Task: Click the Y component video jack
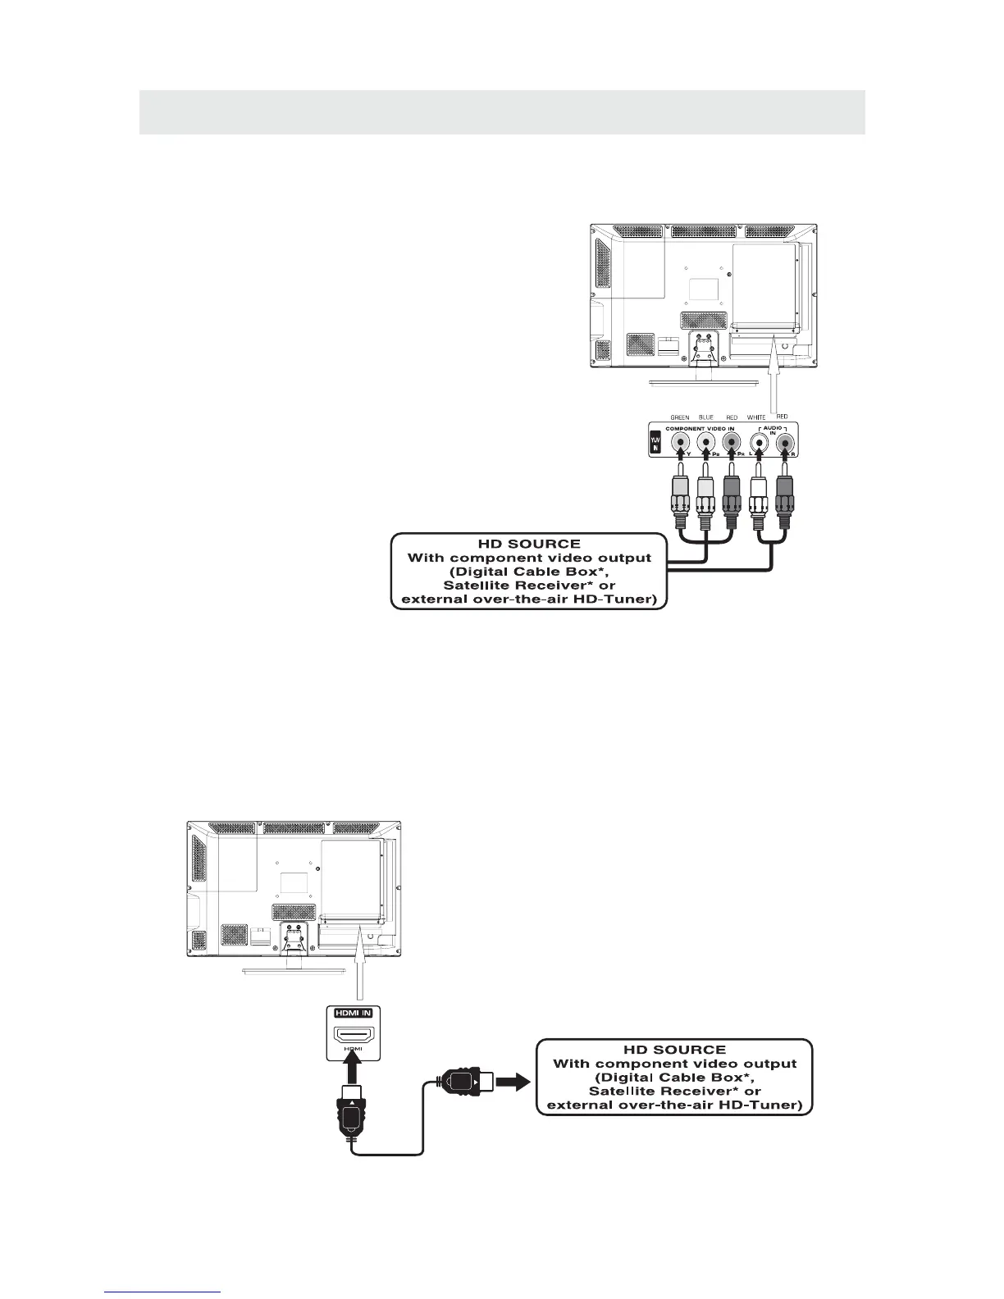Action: point(679,444)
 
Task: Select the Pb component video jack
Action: point(705,444)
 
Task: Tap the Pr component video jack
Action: point(732,444)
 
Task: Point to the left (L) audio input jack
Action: point(760,444)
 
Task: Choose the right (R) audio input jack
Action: point(786,444)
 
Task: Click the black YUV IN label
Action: point(655,443)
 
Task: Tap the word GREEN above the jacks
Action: point(679,417)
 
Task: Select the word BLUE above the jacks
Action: point(705,417)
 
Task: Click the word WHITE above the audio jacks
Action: point(756,417)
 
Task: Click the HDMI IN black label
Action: point(353,1013)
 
